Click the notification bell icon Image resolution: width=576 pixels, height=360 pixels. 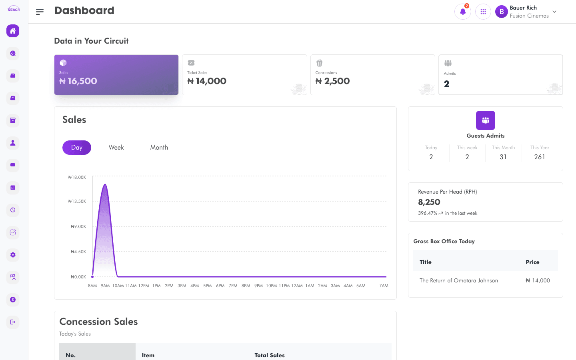pyautogui.click(x=462, y=12)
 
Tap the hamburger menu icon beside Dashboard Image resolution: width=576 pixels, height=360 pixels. pyautogui.click(x=40, y=12)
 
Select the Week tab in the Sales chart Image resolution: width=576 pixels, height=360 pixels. pyautogui.click(x=116, y=147)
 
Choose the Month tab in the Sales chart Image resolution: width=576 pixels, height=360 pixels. pyautogui.click(x=159, y=147)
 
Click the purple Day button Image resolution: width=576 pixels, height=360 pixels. pyautogui.click(x=77, y=147)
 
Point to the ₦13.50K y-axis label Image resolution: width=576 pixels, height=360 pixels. pyautogui.click(x=77, y=201)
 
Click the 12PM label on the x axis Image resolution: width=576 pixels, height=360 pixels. pyautogui.click(x=144, y=286)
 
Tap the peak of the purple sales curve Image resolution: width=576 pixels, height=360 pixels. pyautogui.click(x=105, y=184)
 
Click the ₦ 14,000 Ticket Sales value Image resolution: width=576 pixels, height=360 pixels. pyautogui.click(x=207, y=81)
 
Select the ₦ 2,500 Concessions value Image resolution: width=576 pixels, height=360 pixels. pyautogui.click(x=332, y=81)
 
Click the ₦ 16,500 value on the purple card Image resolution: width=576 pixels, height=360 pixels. pyautogui.click(x=78, y=81)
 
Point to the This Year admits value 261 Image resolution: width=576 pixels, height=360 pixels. pyautogui.click(x=540, y=157)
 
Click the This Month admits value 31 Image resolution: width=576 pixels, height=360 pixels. pyautogui.click(x=503, y=157)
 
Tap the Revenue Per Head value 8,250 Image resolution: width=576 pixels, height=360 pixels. pyautogui.click(x=429, y=202)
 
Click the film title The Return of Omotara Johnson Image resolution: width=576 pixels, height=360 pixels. pyautogui.click(x=459, y=280)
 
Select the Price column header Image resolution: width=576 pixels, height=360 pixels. pyautogui.click(x=532, y=262)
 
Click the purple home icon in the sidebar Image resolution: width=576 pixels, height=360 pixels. pyautogui.click(x=13, y=31)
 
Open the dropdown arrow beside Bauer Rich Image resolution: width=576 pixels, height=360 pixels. pyautogui.click(x=554, y=12)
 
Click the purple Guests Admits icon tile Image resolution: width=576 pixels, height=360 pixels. pyautogui.click(x=486, y=120)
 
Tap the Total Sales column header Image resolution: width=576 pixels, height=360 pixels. pyautogui.click(x=270, y=355)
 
